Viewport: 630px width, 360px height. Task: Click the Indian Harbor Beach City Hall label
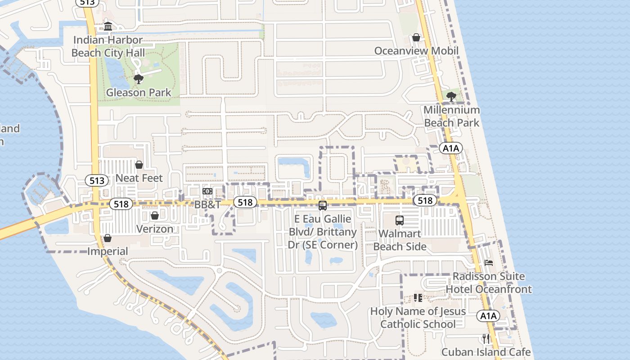[x=108, y=46]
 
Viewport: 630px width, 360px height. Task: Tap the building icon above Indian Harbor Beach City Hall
[x=108, y=27]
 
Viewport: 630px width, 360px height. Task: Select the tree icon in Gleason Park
[x=138, y=80]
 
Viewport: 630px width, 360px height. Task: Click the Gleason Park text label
[x=139, y=93]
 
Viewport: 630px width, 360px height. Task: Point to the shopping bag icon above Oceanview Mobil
[x=416, y=37]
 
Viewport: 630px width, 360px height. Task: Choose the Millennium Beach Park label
[x=451, y=116]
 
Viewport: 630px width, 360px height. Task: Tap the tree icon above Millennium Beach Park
[x=451, y=96]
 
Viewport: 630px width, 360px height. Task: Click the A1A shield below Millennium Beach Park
[x=451, y=148]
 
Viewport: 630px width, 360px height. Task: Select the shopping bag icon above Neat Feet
[x=139, y=165]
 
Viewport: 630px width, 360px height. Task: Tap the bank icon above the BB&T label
[x=207, y=191]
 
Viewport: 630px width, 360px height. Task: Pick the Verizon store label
[x=155, y=229]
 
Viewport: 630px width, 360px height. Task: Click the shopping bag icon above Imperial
[x=108, y=238]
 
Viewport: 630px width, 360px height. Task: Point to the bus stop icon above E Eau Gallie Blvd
[x=322, y=206]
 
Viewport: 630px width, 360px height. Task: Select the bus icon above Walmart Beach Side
[x=400, y=220]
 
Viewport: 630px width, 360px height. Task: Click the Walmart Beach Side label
[x=400, y=240]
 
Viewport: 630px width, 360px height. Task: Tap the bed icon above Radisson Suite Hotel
[x=489, y=263]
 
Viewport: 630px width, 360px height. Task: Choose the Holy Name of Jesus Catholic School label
[x=418, y=317]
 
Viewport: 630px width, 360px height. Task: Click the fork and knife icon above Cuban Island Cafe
[x=486, y=338]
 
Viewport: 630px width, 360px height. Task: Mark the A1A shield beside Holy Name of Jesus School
[x=488, y=316]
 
